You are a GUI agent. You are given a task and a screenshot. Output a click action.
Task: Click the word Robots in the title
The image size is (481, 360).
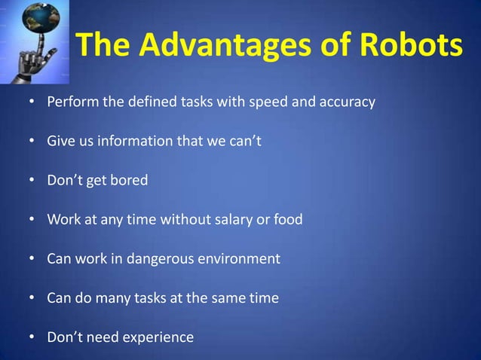tap(412, 47)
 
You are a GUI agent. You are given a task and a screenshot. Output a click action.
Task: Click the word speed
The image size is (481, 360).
tap(268, 102)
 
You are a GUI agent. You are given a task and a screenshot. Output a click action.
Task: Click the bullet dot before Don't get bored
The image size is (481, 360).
tap(32, 181)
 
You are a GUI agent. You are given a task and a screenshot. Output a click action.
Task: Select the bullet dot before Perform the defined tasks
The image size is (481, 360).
tap(32, 102)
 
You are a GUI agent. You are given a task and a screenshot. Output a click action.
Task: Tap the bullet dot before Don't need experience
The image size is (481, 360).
tap(32, 337)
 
